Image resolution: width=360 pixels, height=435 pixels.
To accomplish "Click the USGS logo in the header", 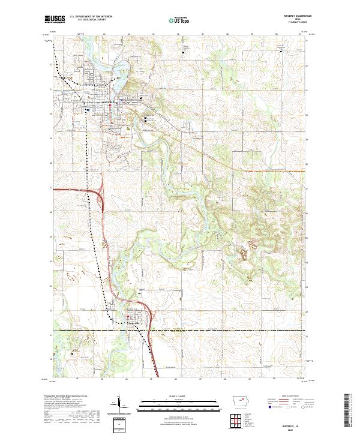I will coord(55,19).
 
